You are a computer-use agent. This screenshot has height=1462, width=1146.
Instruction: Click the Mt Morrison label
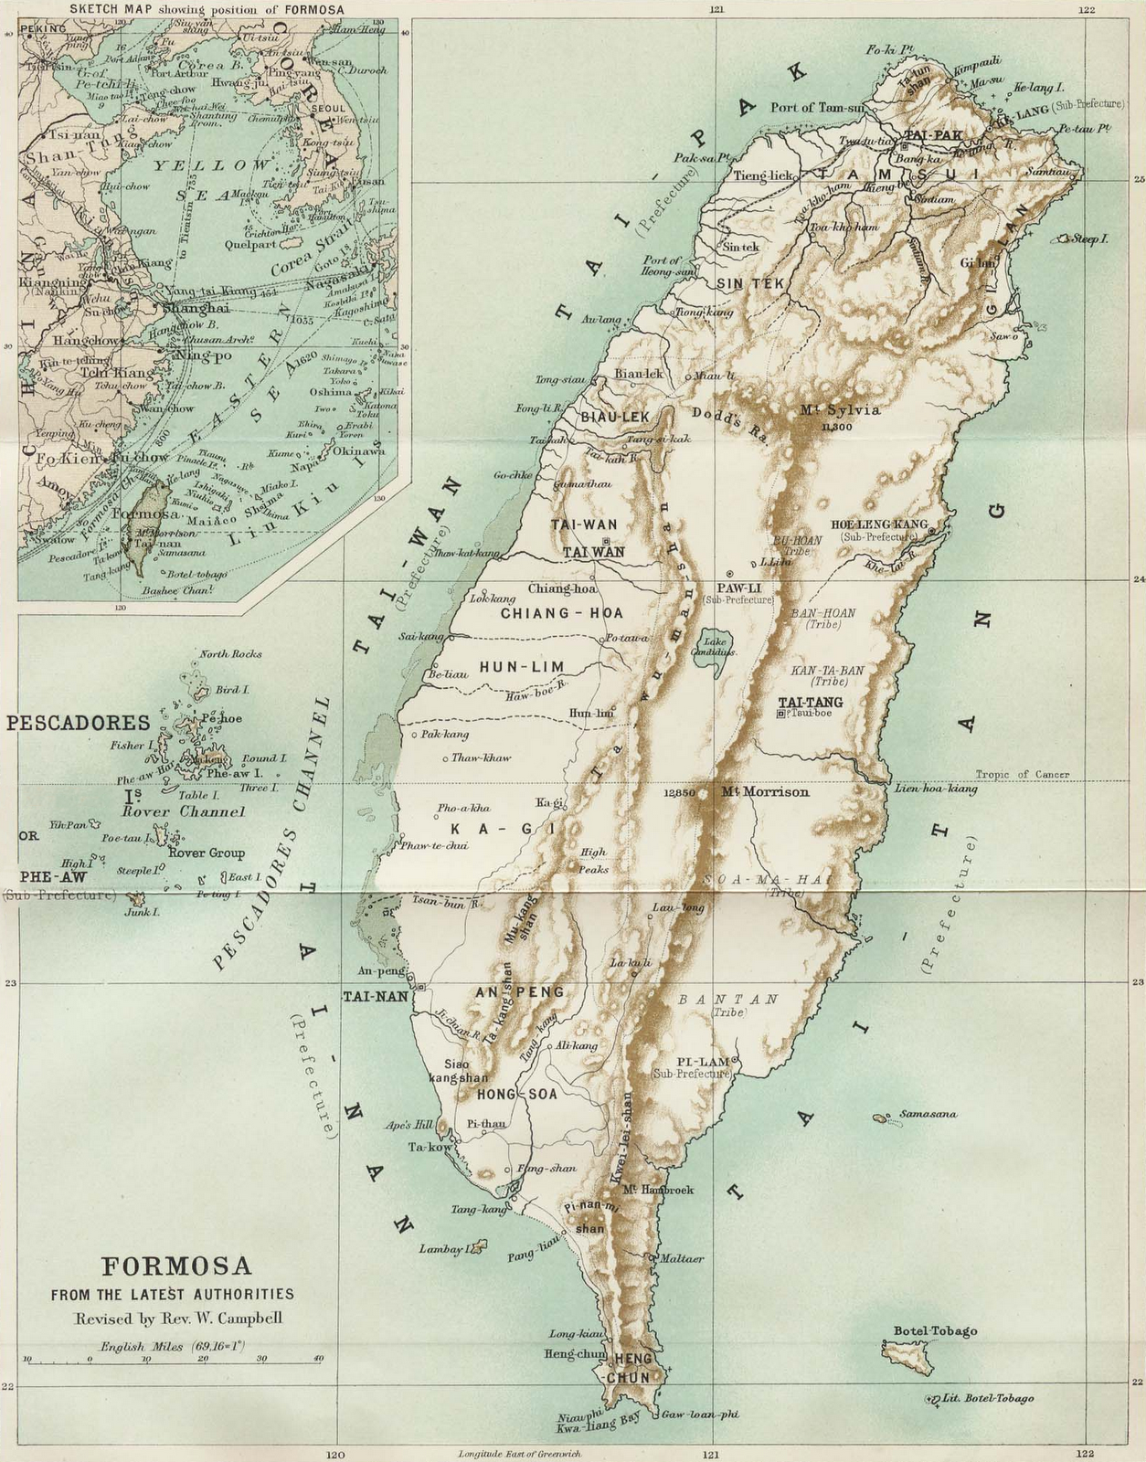click(765, 792)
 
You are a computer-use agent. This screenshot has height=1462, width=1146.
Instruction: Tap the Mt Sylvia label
click(840, 410)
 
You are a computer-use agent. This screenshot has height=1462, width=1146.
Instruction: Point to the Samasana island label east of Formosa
click(928, 1114)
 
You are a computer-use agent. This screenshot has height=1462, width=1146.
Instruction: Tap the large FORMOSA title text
click(176, 1266)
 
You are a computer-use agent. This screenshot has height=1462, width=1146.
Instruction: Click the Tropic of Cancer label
click(1022, 774)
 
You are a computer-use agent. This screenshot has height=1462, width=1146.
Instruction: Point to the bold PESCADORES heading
click(78, 723)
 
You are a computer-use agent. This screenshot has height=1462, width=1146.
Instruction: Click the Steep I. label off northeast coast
click(1090, 238)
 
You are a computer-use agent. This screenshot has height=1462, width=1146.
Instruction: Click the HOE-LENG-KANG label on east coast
click(874, 524)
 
